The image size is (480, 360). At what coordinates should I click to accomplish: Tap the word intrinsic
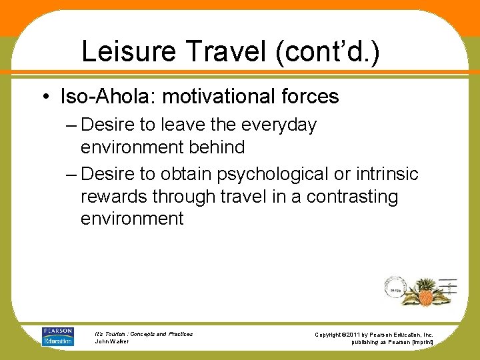pos(387,175)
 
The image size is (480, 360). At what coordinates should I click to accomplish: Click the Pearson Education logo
pos(57,335)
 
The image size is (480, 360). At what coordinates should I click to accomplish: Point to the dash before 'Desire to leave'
pos(71,125)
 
